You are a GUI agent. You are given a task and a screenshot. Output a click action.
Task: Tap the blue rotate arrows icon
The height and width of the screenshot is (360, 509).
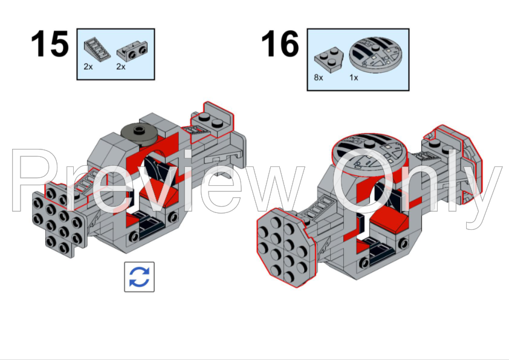(139, 277)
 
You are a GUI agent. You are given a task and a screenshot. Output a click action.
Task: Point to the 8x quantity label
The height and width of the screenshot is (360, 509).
(319, 78)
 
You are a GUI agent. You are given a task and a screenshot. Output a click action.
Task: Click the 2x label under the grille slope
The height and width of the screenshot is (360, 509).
(89, 67)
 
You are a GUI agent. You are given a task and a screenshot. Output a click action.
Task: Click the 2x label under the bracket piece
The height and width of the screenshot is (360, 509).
(121, 67)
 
